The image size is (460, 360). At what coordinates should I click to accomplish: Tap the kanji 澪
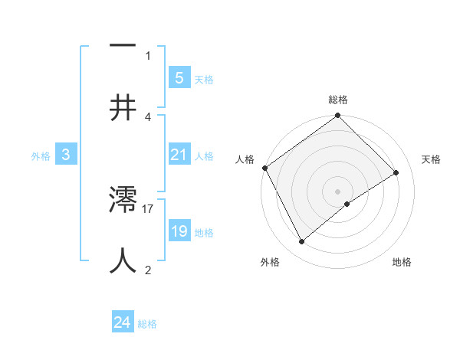123,201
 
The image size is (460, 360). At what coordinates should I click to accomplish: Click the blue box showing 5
179,77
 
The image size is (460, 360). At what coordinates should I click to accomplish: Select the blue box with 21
179,155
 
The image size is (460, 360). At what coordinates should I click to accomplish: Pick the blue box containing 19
179,231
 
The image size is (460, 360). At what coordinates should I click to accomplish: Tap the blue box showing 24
123,322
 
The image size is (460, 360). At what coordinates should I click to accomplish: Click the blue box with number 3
66,155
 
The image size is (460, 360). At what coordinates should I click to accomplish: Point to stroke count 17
149,208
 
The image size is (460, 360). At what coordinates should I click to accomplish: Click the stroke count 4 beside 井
148,117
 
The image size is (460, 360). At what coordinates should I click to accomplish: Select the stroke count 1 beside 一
148,55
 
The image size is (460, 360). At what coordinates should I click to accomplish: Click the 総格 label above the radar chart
338,100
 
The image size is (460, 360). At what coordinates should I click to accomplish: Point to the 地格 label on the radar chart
402,262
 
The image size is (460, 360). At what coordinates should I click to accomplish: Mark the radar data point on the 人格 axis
265,168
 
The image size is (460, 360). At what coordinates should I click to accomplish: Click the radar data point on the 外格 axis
301,242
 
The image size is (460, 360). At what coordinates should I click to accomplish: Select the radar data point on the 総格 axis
338,116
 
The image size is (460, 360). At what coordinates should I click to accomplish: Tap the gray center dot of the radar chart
338,191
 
